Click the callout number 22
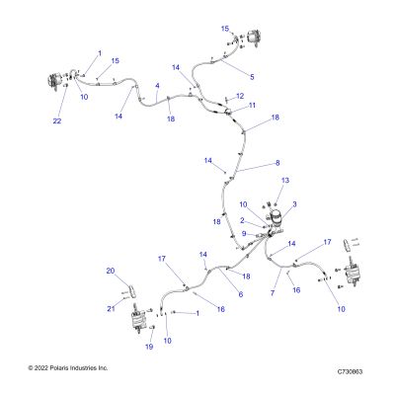57,121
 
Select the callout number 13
285,180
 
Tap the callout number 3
294,204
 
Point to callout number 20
111,271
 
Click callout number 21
111,309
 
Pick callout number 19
149,347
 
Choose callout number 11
252,106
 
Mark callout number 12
240,96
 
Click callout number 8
277,163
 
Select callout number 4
157,86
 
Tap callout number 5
252,77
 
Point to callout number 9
244,233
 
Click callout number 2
242,220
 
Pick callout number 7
273,292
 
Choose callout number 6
241,294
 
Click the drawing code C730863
350,371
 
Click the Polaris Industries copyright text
68,367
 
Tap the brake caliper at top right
254,38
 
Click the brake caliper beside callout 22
54,82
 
